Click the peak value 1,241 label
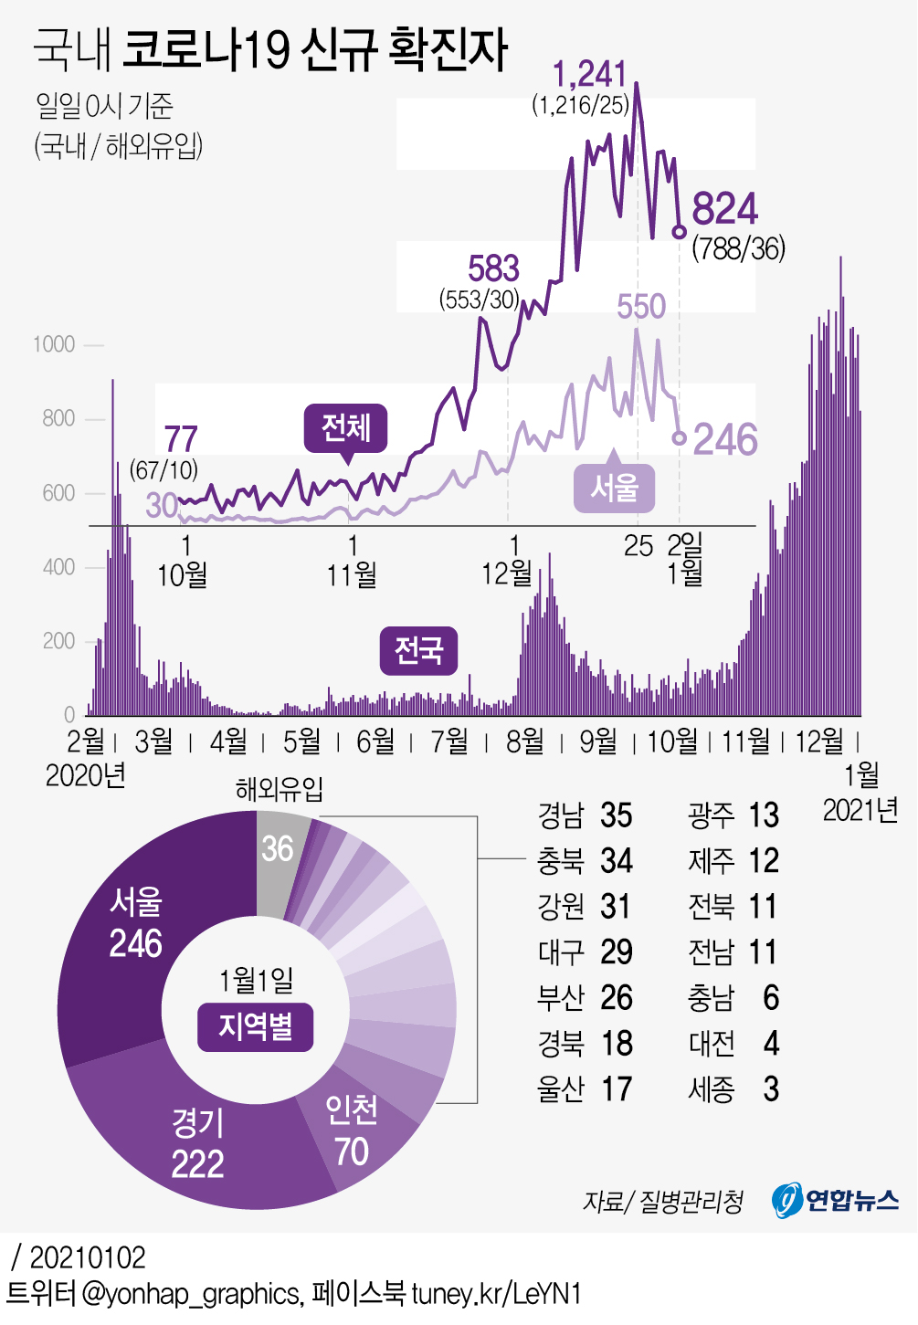coord(589,75)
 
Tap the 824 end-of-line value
coord(725,209)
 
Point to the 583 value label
coord(493,268)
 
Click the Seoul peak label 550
coord(641,307)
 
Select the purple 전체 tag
coord(346,427)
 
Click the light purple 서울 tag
coord(614,488)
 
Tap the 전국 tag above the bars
coord(418,650)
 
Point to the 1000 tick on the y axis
coord(54,344)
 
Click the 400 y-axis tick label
coord(58,567)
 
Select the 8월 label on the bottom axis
coord(524,741)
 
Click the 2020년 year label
coord(85,775)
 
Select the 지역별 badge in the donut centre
coord(256,1026)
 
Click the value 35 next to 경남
coord(617,815)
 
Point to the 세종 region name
coord(712,1089)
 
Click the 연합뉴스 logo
coord(836,1200)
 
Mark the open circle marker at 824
coord(679,232)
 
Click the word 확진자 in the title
coord(448,49)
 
